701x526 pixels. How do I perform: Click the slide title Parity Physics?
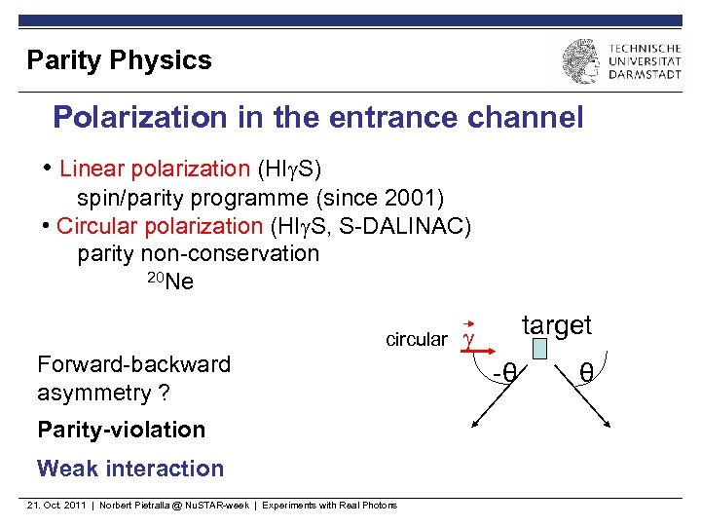coord(119,60)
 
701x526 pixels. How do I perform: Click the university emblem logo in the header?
coord(580,61)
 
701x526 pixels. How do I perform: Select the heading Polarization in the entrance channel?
coord(317,118)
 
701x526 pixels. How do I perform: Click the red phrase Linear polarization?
coord(155,169)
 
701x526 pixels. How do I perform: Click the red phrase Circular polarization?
coord(160,226)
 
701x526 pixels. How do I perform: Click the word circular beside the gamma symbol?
coord(417,339)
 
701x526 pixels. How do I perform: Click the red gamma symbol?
coord(468,338)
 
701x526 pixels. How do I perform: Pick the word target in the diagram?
coord(556,325)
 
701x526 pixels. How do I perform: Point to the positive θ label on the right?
coord(586,372)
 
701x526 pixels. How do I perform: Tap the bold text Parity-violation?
coord(121,430)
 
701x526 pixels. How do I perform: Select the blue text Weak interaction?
coord(130,469)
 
